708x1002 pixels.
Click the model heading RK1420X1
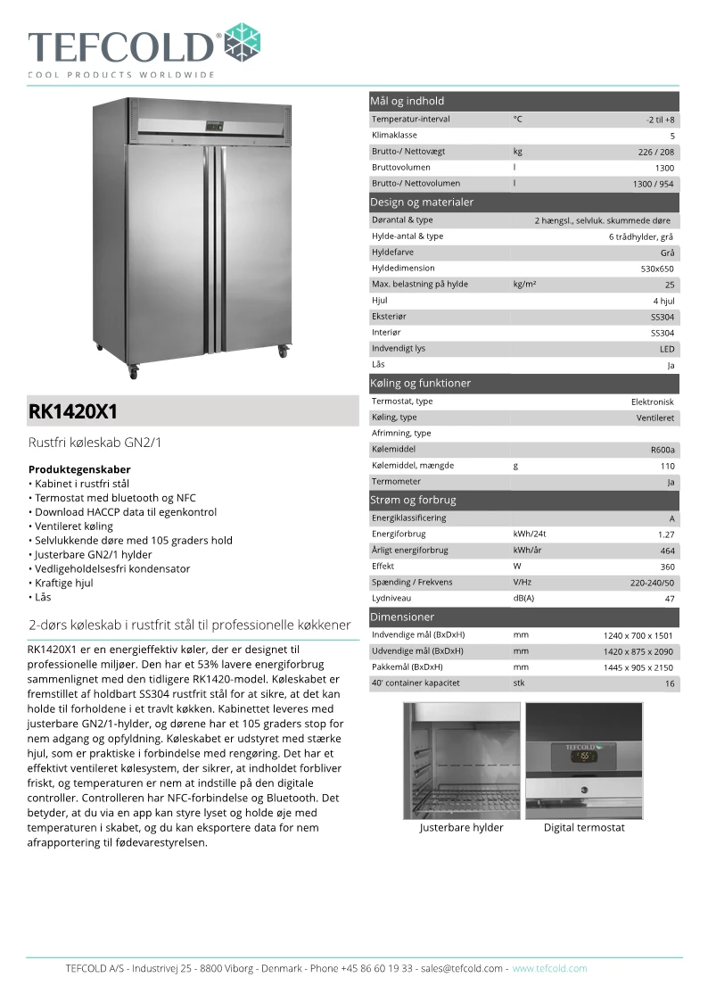(73, 412)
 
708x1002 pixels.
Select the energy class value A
(671, 518)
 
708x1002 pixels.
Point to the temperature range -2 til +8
(660, 120)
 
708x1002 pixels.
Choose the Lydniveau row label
(392, 599)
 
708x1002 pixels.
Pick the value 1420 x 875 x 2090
(638, 651)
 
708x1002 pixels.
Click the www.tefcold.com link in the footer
(549, 968)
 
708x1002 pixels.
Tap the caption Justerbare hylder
(461, 828)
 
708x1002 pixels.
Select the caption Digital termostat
(584, 828)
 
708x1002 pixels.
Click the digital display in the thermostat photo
(586, 758)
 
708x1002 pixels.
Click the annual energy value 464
(667, 551)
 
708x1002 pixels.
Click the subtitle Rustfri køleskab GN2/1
(95, 443)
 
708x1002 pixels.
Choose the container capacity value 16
(669, 683)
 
